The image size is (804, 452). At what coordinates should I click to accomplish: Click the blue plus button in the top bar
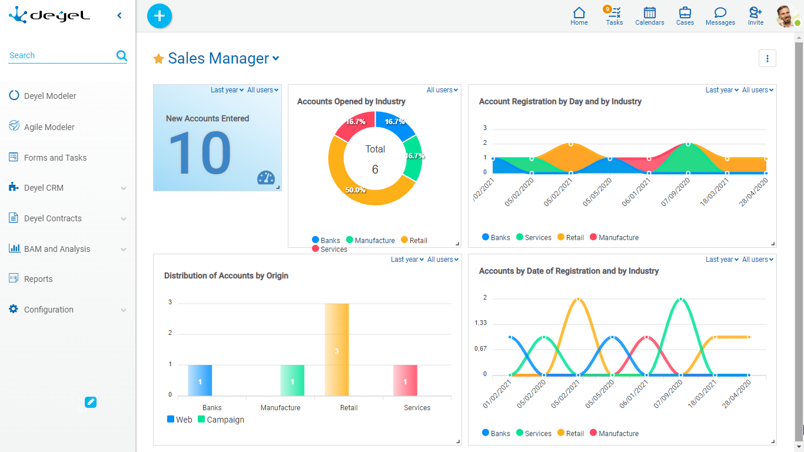pyautogui.click(x=159, y=16)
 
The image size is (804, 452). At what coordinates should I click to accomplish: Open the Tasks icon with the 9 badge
pyautogui.click(x=614, y=14)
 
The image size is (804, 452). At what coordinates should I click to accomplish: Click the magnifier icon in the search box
pyautogui.click(x=122, y=55)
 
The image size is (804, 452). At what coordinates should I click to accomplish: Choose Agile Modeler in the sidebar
pyautogui.click(x=49, y=127)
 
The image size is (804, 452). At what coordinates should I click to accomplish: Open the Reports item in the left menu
pyautogui.click(x=38, y=279)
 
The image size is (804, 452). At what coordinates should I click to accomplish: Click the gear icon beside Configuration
pyautogui.click(x=14, y=309)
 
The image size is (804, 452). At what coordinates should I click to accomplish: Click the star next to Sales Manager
pyautogui.click(x=158, y=59)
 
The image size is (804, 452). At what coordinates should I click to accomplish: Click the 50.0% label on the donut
pyautogui.click(x=356, y=190)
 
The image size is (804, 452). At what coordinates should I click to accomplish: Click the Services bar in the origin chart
pyautogui.click(x=405, y=380)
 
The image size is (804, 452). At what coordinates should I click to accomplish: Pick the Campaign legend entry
pyautogui.click(x=221, y=420)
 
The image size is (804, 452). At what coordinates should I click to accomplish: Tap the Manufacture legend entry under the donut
pyautogui.click(x=370, y=240)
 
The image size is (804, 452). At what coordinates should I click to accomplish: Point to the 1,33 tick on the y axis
pyautogui.click(x=480, y=323)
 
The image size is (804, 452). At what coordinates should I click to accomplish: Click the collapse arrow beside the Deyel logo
pyautogui.click(x=119, y=15)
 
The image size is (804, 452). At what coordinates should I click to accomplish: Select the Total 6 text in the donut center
pyautogui.click(x=375, y=159)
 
